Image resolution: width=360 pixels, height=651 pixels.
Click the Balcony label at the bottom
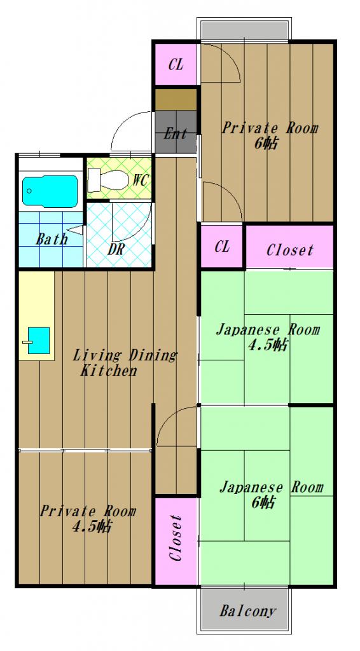pos(248,612)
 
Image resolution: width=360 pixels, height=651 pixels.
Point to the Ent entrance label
pos(176,134)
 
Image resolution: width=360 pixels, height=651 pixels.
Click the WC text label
pos(140,180)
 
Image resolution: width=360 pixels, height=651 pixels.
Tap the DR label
pos(116,249)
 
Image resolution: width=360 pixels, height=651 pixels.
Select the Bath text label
pos(52,240)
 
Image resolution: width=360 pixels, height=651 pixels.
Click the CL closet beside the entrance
pos(176,64)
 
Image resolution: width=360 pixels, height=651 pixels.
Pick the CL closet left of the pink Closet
pos(222,247)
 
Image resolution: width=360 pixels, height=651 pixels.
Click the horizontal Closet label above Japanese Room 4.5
pos(289,250)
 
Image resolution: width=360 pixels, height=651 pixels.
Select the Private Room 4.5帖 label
pos(88,519)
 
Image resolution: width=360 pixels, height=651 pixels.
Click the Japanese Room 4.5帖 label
pos(267,337)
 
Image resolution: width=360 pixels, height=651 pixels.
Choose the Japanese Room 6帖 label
pos(270,495)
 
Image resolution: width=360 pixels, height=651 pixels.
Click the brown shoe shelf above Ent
pos(176,100)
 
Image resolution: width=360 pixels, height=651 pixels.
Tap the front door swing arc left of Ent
pos(130,130)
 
